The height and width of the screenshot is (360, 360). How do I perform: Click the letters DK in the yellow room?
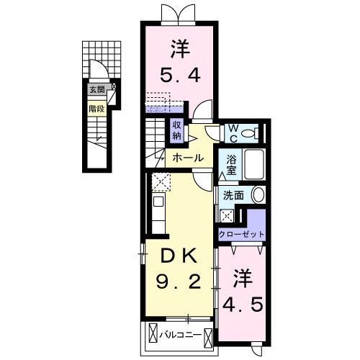(x=180, y=254)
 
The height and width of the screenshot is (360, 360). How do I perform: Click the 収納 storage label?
(x=177, y=130)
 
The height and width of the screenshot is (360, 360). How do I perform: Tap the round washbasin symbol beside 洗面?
(x=257, y=195)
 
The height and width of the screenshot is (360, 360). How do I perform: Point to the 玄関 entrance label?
(x=96, y=91)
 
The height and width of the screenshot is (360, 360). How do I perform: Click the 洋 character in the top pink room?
(x=180, y=49)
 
